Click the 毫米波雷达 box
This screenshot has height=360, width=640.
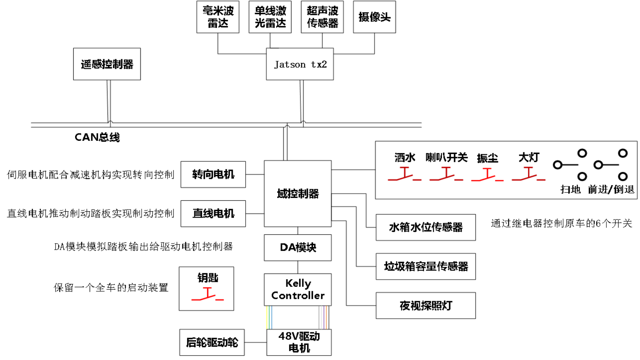tap(218, 17)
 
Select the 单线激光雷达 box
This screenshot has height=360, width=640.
tap(270, 17)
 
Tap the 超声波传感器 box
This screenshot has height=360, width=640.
tap(322, 17)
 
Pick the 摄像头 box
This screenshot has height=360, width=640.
tap(374, 17)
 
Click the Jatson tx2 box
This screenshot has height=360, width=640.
tap(300, 64)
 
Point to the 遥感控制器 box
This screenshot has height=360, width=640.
tap(107, 64)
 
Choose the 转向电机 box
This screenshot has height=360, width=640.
tap(213, 174)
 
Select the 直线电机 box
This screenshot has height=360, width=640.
tap(213, 214)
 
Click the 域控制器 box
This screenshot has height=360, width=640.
tap(298, 194)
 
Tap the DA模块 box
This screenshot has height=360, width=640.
tap(298, 248)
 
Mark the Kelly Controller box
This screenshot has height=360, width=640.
tap(298, 290)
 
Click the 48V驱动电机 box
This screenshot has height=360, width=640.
tap(299, 342)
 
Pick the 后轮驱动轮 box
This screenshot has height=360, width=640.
tap(212, 342)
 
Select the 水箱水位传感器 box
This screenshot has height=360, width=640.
tap(426, 227)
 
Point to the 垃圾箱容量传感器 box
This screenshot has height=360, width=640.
tap(426, 266)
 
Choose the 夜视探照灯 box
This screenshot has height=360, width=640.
tap(426, 306)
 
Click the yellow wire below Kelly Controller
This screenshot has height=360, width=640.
tap(267, 318)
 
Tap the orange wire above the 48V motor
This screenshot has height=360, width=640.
tap(326, 318)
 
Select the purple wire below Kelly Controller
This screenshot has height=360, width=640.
tap(324, 318)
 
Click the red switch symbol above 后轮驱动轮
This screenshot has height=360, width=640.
tap(207, 294)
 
